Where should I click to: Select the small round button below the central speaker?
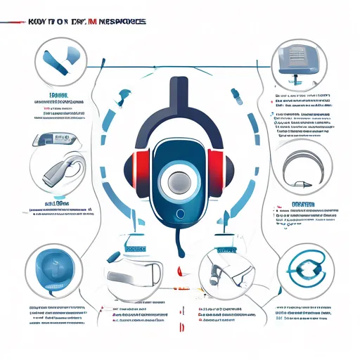(x=180, y=213)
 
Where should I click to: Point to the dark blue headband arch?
(x=180, y=105)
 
